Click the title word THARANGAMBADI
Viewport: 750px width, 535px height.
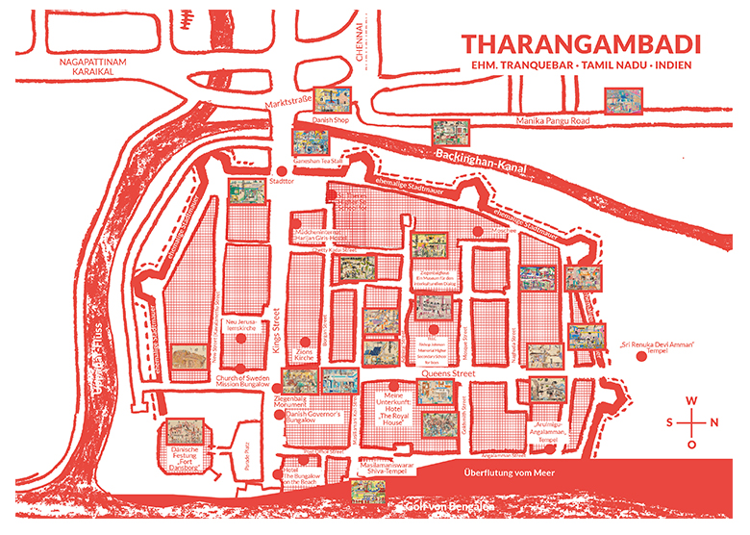click(580, 44)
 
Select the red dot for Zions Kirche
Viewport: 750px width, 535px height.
click(306, 342)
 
